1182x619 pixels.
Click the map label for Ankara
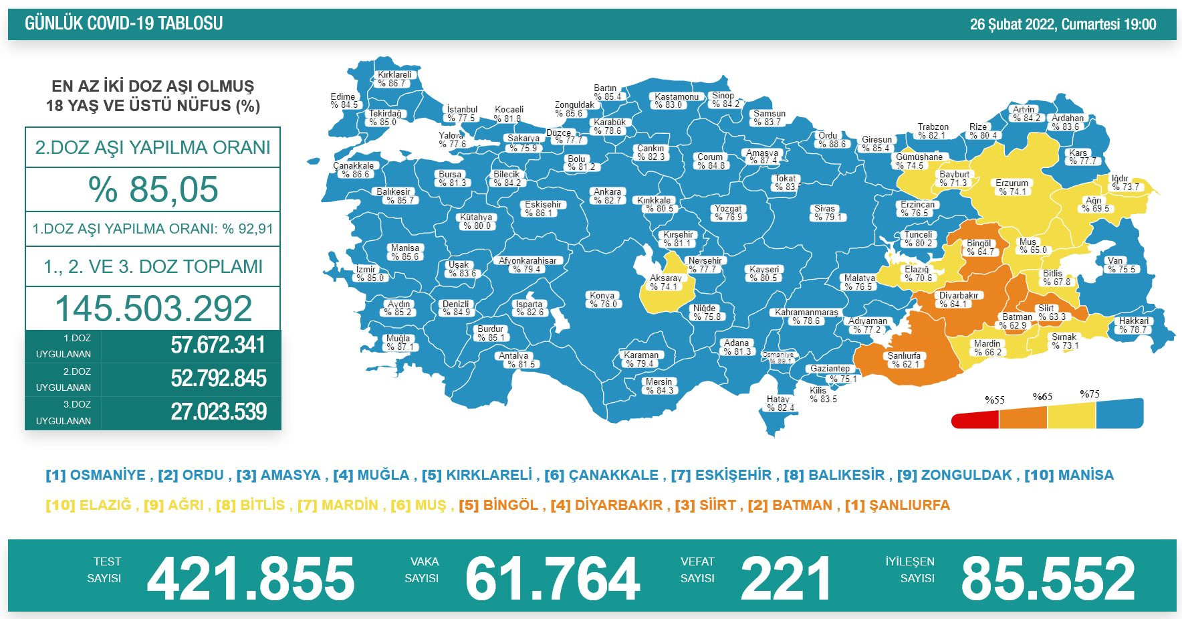click(x=608, y=195)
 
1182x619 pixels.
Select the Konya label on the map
click(x=602, y=299)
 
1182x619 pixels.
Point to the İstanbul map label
click(x=462, y=114)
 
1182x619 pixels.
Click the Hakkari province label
click(x=1134, y=325)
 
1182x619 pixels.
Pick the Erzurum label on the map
click(x=1012, y=187)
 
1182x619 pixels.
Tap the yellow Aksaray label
click(x=666, y=282)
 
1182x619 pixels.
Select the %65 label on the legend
click(x=1042, y=397)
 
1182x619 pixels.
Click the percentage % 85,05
click(x=153, y=189)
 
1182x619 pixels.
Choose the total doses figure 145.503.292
click(x=153, y=308)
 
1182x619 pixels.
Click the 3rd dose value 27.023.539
click(x=219, y=412)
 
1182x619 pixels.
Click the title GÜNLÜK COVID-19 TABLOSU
click(x=124, y=24)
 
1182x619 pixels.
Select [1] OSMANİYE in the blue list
click(x=96, y=475)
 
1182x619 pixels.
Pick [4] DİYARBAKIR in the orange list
click(x=606, y=505)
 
